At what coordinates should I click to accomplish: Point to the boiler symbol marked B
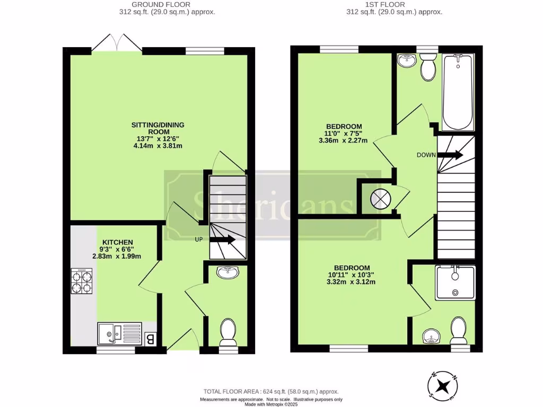pos(150,338)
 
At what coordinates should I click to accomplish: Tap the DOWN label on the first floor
pos(426,155)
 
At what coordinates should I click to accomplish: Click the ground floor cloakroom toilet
pos(228,332)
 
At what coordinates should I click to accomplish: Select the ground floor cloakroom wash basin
pos(228,272)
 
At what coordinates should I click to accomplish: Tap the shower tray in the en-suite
pos(455,282)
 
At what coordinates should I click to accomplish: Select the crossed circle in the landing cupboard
pos(380,199)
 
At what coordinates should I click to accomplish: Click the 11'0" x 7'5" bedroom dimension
pos(343,134)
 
